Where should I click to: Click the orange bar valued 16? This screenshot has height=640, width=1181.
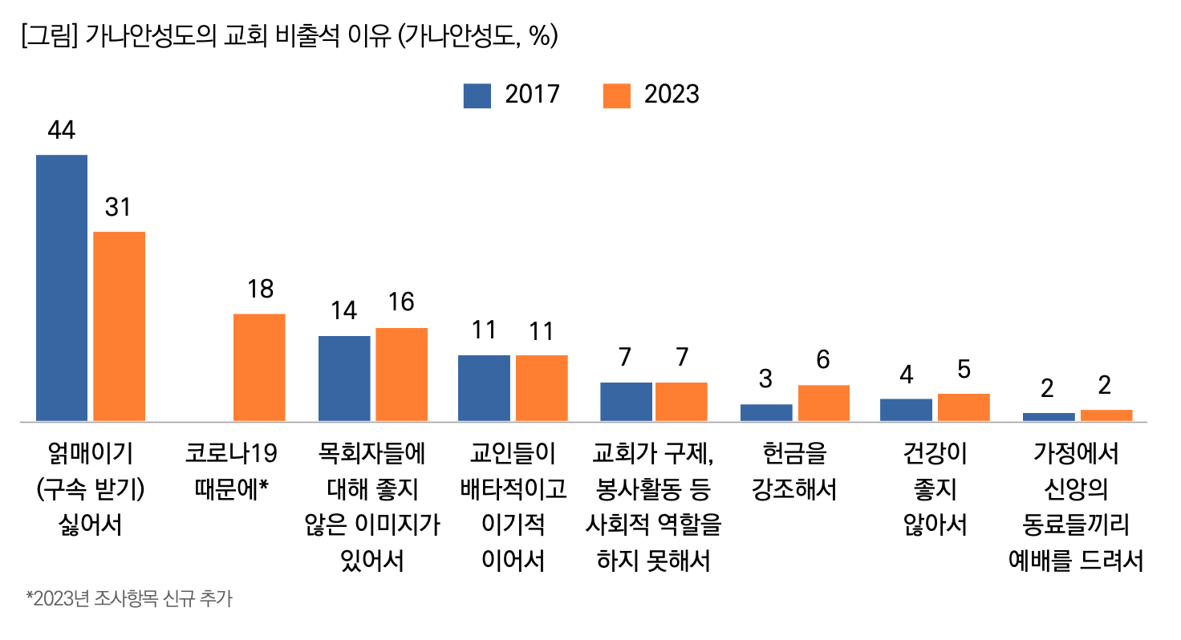coord(401,374)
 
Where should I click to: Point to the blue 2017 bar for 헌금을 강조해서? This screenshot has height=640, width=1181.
coord(766,412)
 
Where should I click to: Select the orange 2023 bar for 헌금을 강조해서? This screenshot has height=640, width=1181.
coord(823,403)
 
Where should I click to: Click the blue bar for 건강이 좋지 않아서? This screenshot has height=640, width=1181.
coord(906,410)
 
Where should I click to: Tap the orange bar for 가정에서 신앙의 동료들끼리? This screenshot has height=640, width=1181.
coord(1106,415)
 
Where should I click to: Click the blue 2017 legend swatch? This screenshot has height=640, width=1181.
coord(477,95)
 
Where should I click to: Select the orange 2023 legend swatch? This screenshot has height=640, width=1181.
coord(616,95)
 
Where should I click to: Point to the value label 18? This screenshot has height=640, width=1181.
coord(260,290)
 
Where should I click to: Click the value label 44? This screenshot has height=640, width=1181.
coord(62,130)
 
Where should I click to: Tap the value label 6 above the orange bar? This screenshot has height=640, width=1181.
coord(823,360)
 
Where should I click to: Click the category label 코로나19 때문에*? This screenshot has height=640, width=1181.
coord(230,472)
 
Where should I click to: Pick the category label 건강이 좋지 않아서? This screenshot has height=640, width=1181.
coord(935,489)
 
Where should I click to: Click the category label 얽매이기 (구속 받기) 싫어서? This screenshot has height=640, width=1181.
coord(91,489)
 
